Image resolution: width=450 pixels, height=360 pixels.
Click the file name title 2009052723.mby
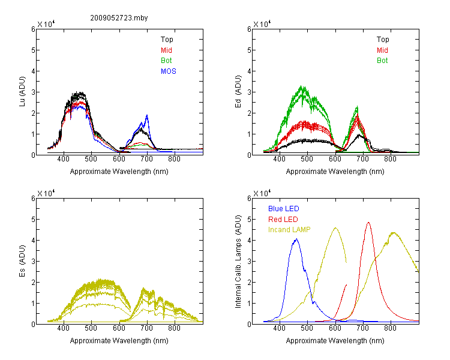pos(119,18)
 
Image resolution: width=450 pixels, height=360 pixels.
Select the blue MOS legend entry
pos(169,71)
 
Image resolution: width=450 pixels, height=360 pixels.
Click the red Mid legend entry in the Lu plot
pos(166,50)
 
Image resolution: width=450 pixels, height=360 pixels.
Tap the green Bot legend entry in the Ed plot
pos(382,61)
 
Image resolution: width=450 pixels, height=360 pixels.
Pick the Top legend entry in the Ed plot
pos(383,40)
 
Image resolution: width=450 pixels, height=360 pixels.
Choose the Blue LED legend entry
pos(284,209)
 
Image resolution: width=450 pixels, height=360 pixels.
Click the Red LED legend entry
pos(283,220)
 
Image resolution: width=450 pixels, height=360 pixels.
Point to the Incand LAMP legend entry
pos(289,230)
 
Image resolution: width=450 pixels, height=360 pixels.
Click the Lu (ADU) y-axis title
pos(22,92)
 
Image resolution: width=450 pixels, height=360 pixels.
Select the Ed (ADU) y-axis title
pos(238,92)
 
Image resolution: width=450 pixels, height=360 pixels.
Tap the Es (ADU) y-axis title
pos(22,261)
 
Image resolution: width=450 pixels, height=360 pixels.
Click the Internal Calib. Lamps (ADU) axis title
pos(238,262)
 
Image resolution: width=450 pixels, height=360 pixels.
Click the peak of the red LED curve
pos(368,222)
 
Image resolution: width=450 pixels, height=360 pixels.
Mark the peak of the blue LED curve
pos(297,239)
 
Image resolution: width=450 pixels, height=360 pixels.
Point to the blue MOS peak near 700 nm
pos(147,115)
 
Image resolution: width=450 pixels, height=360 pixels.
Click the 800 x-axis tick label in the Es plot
pos(174,328)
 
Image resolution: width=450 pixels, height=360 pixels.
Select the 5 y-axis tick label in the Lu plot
pos(33,50)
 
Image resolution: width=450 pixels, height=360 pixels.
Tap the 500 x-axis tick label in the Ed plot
pos(307,159)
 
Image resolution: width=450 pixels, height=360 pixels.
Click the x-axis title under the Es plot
pos(119,341)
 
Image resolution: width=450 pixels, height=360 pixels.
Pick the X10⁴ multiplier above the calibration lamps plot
pos(262,193)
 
